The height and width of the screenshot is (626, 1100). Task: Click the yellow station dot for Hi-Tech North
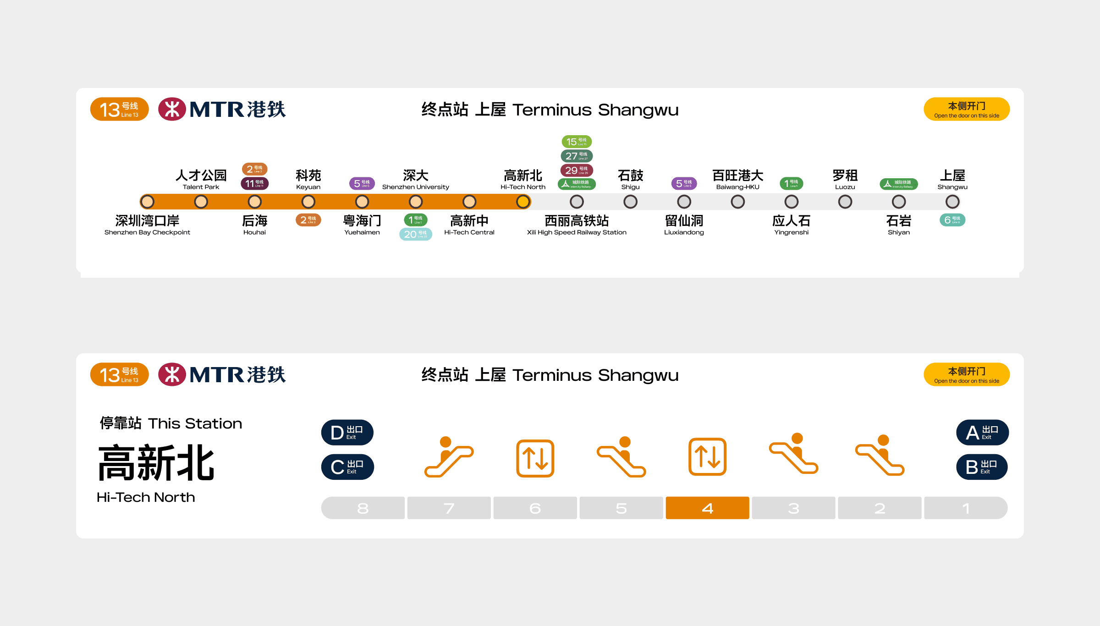(523, 202)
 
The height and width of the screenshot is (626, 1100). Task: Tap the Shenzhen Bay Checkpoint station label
(147, 225)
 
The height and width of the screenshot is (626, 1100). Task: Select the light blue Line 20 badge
(416, 234)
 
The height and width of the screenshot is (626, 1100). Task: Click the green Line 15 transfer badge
(577, 142)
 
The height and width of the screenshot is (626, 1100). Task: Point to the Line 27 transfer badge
(577, 156)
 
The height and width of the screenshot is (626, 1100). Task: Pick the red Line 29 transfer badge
(577, 170)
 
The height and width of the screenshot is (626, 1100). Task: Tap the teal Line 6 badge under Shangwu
(952, 220)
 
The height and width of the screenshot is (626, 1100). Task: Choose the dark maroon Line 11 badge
(254, 183)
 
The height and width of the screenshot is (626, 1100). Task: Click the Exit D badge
(347, 432)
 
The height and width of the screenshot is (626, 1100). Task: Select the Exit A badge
(982, 432)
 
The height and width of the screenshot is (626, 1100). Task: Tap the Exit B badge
(982, 467)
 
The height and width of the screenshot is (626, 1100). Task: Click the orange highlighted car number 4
(707, 508)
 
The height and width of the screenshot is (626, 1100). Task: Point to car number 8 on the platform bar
(363, 508)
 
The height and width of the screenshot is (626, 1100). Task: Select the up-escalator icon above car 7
(449, 456)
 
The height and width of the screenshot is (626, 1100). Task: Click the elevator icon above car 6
(535, 458)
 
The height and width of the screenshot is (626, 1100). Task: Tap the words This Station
(195, 423)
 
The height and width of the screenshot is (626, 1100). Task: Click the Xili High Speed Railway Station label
(577, 225)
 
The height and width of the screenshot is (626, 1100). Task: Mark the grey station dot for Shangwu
(952, 202)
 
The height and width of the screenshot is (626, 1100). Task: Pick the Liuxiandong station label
(684, 225)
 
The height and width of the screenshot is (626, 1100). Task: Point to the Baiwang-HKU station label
(737, 179)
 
